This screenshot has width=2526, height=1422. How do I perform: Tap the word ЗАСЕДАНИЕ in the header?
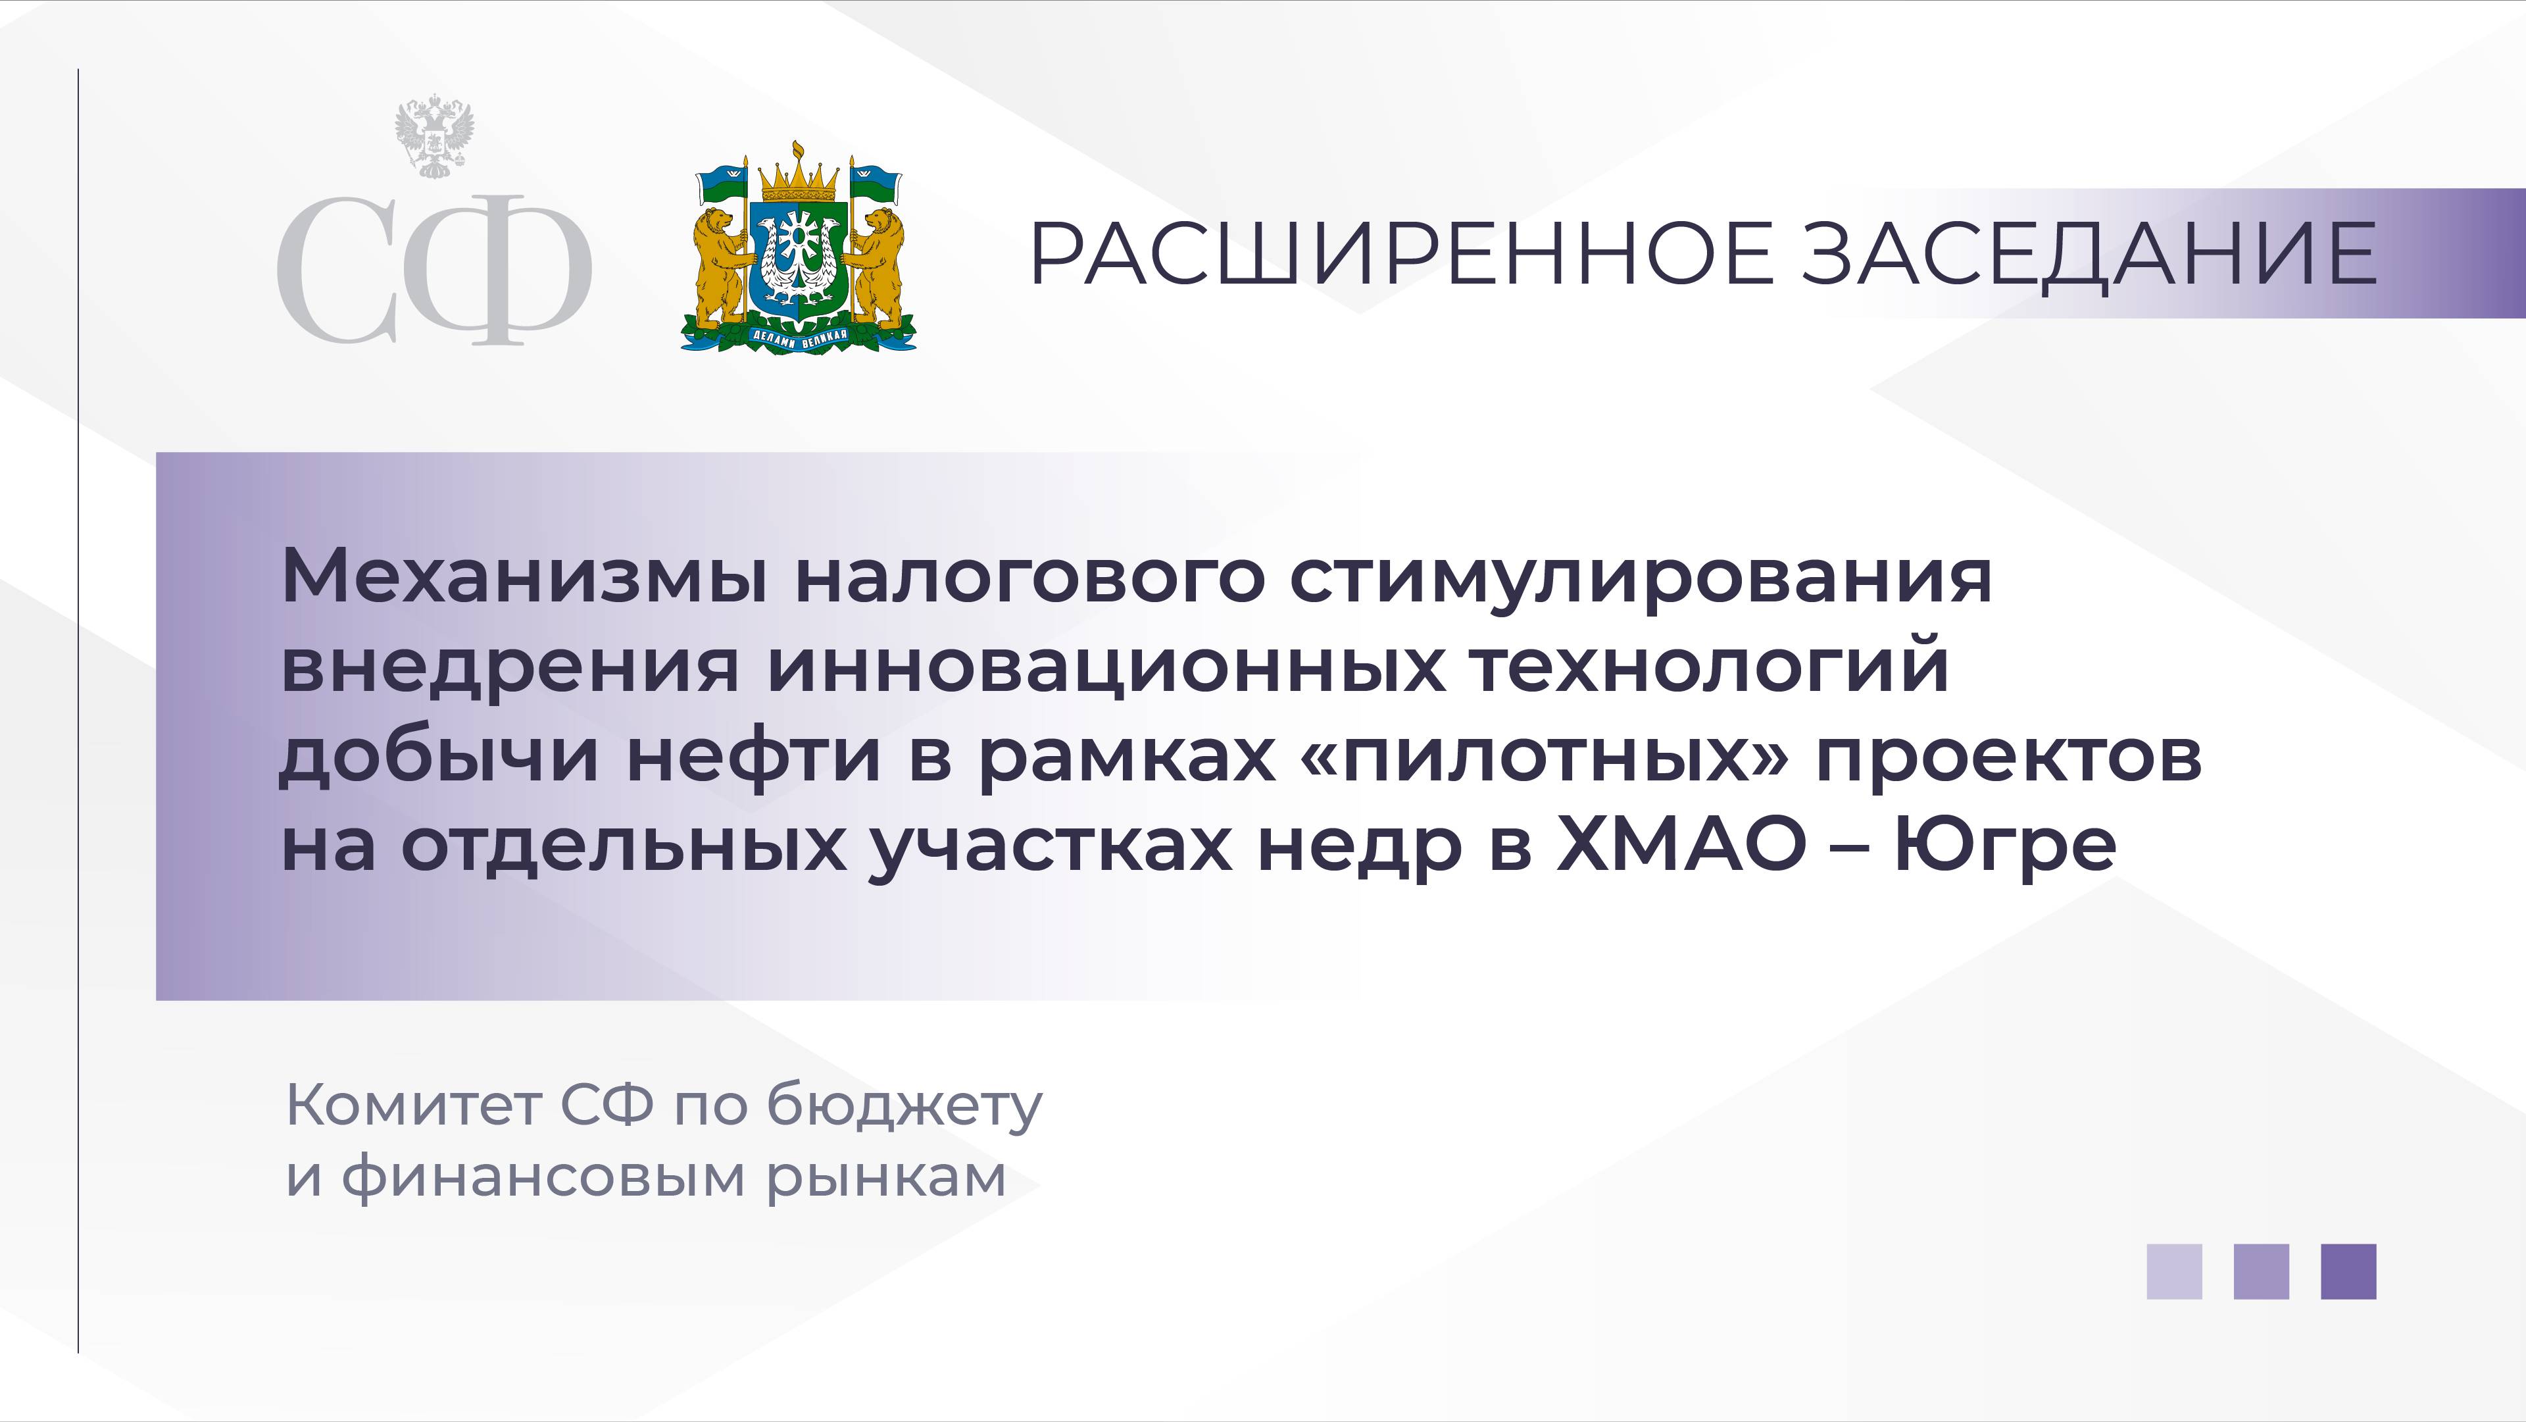[x=2089, y=253]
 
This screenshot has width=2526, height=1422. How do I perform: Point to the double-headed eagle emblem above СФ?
[x=434, y=136]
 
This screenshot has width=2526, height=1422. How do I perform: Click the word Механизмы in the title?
[x=525, y=578]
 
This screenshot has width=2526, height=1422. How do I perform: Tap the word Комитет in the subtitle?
[x=412, y=1105]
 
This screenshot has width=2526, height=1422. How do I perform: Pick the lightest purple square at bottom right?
[x=2174, y=1272]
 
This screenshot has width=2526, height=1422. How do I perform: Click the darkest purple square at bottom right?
[x=2348, y=1272]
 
